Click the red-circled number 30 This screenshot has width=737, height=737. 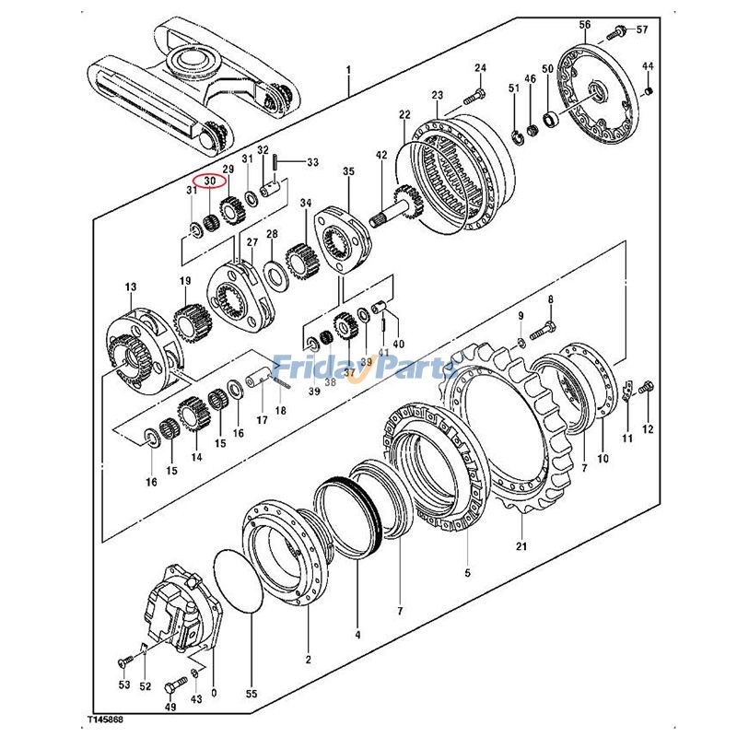[210, 181]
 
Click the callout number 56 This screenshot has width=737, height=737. [584, 24]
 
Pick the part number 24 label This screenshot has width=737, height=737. [480, 68]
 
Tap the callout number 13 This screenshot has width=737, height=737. [130, 287]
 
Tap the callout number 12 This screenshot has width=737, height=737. [647, 429]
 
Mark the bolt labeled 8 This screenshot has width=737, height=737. [545, 326]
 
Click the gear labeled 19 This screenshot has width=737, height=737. [190, 322]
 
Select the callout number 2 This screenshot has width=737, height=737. [308, 659]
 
